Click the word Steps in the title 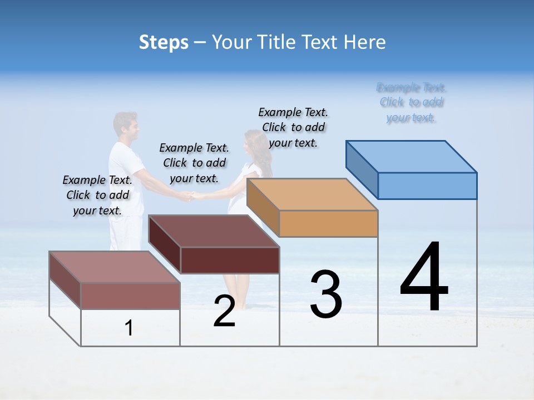pyautogui.click(x=164, y=42)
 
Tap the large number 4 pyautogui.click(x=424, y=278)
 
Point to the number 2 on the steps pyautogui.click(x=224, y=311)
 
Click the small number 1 pyautogui.click(x=129, y=328)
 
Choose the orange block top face pyautogui.click(x=312, y=194)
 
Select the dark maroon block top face pyautogui.click(x=214, y=231)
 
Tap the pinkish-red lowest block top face pyautogui.click(x=115, y=267)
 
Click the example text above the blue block pyautogui.click(x=411, y=103)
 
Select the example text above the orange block pyautogui.click(x=293, y=127)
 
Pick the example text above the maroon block pyautogui.click(x=194, y=163)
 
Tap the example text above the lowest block pyautogui.click(x=97, y=195)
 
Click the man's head pyautogui.click(x=125, y=126)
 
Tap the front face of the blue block pyautogui.click(x=427, y=186)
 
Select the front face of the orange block pyautogui.click(x=328, y=223)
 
